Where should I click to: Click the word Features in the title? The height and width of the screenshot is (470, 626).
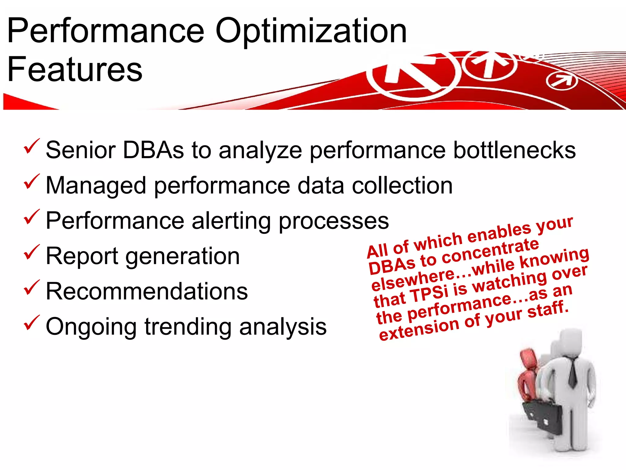pyautogui.click(x=75, y=70)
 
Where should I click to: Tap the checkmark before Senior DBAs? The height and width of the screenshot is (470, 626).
pyautogui.click(x=31, y=146)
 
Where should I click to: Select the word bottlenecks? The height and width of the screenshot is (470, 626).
pyautogui.click(x=514, y=150)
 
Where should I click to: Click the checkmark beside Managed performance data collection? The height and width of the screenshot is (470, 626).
pyautogui.click(x=31, y=181)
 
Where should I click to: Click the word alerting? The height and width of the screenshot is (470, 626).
pyautogui.click(x=231, y=221)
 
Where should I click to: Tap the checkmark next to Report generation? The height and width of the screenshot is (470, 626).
pyautogui.click(x=31, y=252)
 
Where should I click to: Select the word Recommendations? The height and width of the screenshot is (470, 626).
pyautogui.click(x=147, y=291)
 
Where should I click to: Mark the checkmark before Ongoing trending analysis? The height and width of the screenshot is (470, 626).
pyautogui.click(x=31, y=323)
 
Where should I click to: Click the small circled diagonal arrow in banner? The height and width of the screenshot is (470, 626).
pyautogui.click(x=562, y=81)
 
